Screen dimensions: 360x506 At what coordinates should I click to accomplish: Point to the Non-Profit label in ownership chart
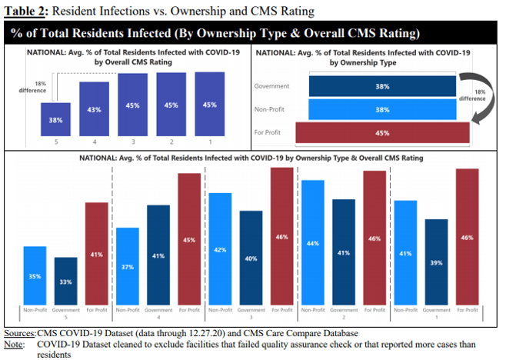tap(271, 109)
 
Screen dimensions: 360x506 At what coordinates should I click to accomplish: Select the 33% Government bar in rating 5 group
tap(65, 282)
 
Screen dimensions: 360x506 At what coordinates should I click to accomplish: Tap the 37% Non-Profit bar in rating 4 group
tap(127, 268)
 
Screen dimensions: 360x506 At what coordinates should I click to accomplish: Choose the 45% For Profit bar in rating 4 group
tap(189, 240)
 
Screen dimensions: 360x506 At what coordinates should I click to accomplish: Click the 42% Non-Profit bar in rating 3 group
tap(220, 250)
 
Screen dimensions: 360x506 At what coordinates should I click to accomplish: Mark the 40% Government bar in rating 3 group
tap(251, 259)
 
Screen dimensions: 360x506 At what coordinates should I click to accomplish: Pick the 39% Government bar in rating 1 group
tap(437, 263)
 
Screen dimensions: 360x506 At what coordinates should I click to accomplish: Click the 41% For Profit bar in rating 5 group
tap(96, 255)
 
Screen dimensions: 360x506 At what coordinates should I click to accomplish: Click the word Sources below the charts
tap(19, 333)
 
